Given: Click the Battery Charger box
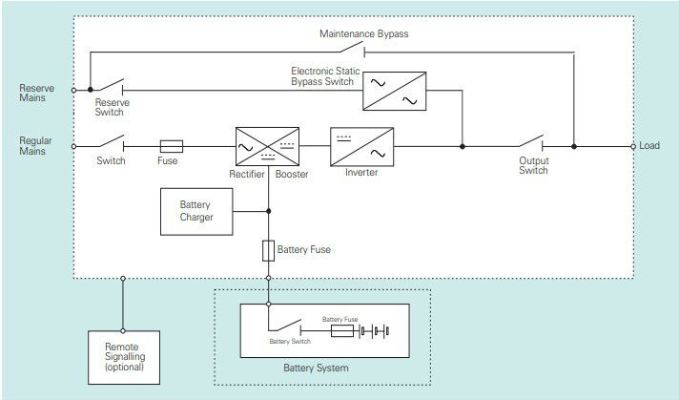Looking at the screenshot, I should pyautogui.click(x=196, y=210).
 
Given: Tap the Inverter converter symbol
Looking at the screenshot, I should pyautogui.click(x=360, y=146).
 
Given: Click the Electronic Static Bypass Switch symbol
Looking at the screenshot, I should pyautogui.click(x=393, y=92).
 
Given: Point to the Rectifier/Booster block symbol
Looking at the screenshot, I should pyautogui.click(x=267, y=146).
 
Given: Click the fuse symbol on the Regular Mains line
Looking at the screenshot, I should pyautogui.click(x=170, y=146).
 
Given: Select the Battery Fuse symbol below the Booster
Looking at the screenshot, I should pyautogui.click(x=268, y=250).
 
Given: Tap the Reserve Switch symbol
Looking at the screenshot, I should pyautogui.click(x=108, y=87).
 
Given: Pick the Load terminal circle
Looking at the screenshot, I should pyautogui.click(x=633, y=146).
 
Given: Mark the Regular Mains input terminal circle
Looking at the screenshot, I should pyautogui.click(x=74, y=146).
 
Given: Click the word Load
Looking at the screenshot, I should pyautogui.click(x=649, y=146).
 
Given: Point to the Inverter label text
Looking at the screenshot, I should pyautogui.click(x=361, y=173).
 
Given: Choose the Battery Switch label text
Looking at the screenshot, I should pyautogui.click(x=290, y=341).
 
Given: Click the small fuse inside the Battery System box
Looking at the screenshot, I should pyautogui.click(x=342, y=331).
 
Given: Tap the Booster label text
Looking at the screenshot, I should pyautogui.click(x=292, y=173).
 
